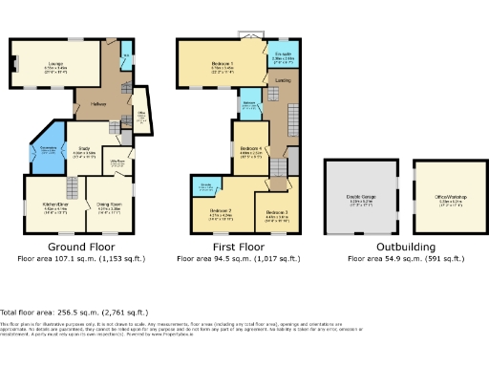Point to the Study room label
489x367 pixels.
83,149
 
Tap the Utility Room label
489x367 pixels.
120,162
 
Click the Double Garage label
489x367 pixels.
360,199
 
